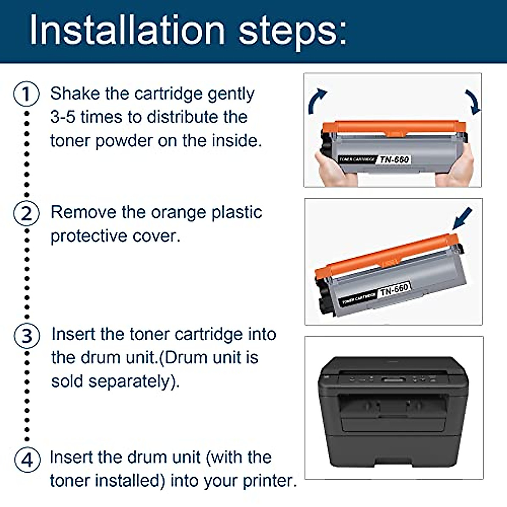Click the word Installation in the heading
[x=127, y=30]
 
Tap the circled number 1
[x=26, y=94]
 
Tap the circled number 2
[x=26, y=213]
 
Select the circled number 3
[x=27, y=336]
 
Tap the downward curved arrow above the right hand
[x=473, y=102]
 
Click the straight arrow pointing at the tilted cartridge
[x=462, y=218]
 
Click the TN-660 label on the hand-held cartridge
[x=394, y=159]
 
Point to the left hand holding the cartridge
[x=335, y=169]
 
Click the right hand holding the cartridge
[x=455, y=166]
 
